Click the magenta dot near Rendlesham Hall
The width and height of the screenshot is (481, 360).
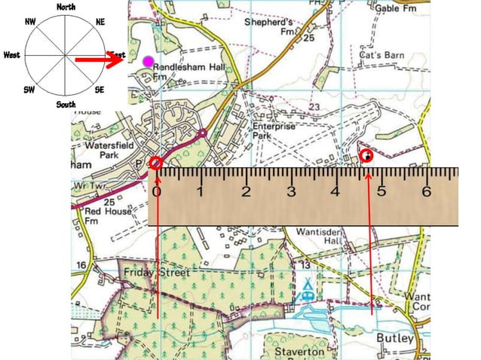point(149,60)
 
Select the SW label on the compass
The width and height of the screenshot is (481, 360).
point(29,90)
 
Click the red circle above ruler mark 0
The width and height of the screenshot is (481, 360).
point(156,163)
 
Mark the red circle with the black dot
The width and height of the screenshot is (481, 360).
point(367,156)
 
